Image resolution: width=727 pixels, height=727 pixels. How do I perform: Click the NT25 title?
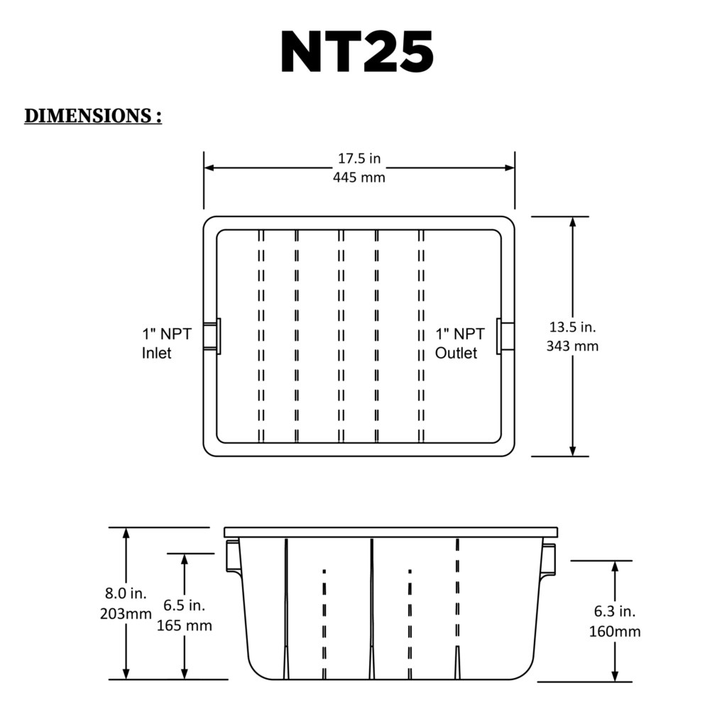(357, 53)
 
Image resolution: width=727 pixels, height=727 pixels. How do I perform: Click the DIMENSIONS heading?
(93, 116)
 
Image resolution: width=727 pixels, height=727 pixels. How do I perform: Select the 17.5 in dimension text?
(359, 158)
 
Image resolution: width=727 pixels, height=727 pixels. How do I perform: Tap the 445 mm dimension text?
(359, 177)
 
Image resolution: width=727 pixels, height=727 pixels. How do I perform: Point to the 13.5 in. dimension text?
(572, 327)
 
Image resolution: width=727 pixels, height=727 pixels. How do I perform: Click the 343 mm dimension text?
(572, 346)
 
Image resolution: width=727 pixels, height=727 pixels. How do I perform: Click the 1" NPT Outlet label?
(460, 343)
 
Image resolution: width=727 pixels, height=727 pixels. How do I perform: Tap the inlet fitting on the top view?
(212, 336)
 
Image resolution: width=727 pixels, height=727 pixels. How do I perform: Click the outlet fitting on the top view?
(506, 335)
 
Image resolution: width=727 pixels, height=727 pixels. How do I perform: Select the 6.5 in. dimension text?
(184, 606)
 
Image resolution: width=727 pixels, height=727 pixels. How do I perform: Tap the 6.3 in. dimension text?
(614, 611)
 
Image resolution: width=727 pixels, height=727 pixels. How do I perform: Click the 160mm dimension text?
(615, 631)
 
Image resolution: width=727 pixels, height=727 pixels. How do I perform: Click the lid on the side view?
(391, 532)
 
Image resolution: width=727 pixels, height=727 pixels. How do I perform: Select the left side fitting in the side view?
(232, 556)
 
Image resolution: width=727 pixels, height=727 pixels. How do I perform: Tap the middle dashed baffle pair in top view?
(341, 336)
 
